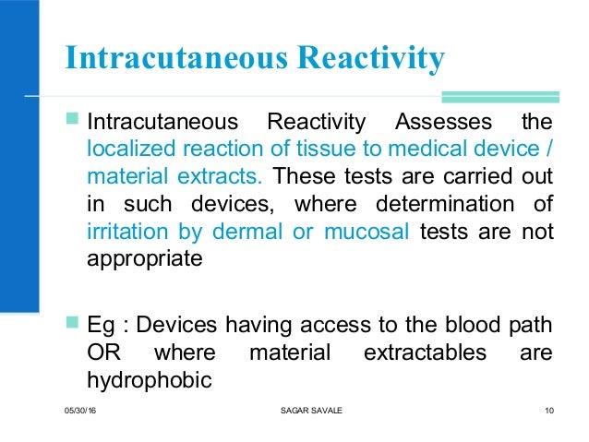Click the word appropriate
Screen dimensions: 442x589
point(142,257)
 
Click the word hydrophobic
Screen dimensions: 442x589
point(144,378)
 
